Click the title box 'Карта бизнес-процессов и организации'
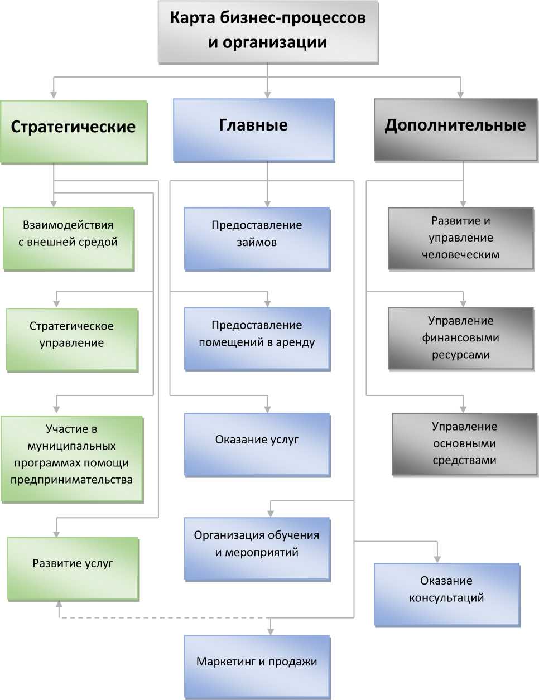coord(268,31)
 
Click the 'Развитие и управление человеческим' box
coord(461,238)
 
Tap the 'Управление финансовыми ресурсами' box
coord(461,338)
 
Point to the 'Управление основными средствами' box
coord(464,443)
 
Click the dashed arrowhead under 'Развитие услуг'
coord(59,606)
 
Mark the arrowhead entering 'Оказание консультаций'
coord(437,559)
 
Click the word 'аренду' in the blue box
coord(295,342)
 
